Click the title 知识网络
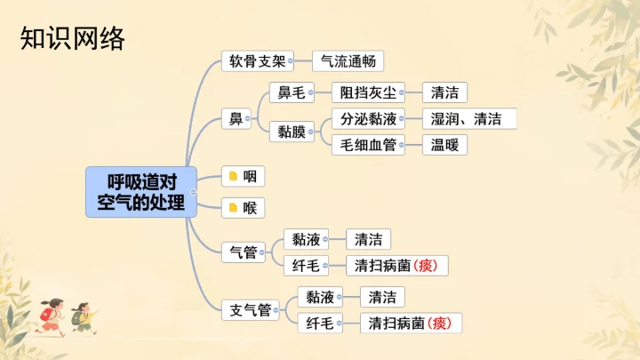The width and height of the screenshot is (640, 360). (x=73, y=38)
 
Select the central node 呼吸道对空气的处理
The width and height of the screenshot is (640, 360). (x=141, y=191)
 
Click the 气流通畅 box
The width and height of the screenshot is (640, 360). (x=348, y=61)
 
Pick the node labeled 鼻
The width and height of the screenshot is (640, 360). (x=236, y=119)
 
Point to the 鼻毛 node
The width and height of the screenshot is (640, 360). (x=291, y=92)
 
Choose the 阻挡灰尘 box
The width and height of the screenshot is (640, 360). (x=367, y=92)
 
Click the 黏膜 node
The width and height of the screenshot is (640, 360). (x=291, y=132)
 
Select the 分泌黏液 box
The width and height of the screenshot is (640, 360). (x=367, y=119)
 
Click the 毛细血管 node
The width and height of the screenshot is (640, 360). (x=367, y=145)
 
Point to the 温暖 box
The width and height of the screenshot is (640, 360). (x=444, y=145)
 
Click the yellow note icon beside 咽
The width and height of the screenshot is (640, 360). (x=233, y=176)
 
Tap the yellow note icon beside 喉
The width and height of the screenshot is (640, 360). (x=233, y=208)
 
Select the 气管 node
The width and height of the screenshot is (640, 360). (x=243, y=252)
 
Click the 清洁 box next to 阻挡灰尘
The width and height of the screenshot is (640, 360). (x=444, y=92)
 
